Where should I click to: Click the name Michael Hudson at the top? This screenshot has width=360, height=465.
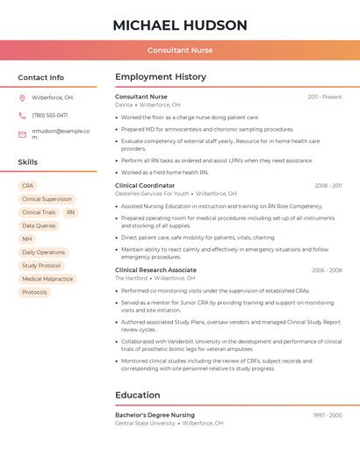click(x=180, y=25)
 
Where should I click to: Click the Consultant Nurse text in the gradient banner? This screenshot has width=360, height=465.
click(x=180, y=51)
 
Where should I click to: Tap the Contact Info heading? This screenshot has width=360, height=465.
click(x=40, y=77)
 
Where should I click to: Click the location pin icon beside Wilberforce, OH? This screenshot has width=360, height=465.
click(x=22, y=97)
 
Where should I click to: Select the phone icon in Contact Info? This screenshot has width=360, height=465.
click(x=22, y=115)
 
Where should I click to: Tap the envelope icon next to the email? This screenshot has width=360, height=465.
click(x=22, y=134)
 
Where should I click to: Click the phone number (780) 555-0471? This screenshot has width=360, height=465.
click(x=49, y=115)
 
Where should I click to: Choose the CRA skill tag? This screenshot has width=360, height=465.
click(x=28, y=186)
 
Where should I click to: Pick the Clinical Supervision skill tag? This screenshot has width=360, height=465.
click(x=47, y=199)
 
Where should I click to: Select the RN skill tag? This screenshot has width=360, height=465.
click(x=70, y=212)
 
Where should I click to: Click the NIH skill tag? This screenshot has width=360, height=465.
click(x=27, y=239)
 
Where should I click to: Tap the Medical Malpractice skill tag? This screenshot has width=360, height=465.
click(x=47, y=279)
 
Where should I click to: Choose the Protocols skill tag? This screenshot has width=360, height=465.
click(x=34, y=292)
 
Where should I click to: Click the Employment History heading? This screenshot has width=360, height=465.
click(x=160, y=77)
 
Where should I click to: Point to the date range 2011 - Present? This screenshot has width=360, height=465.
click(x=324, y=97)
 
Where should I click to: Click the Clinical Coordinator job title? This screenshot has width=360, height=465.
click(x=145, y=185)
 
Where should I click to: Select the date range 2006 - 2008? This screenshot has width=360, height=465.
click(x=327, y=270)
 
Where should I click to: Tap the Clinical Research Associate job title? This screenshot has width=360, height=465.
click(x=155, y=270)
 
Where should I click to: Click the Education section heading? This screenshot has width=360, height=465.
click(x=137, y=395)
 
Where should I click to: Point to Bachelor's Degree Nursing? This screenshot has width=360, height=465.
click(x=155, y=415)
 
